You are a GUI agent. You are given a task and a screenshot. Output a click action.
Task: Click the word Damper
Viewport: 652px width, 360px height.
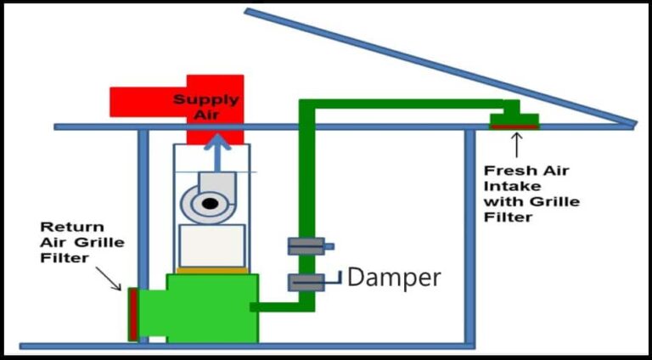coord(394,277)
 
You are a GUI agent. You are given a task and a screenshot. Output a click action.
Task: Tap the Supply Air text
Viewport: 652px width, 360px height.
coord(206,106)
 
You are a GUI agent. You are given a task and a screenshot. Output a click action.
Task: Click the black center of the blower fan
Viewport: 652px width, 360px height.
coord(207,203)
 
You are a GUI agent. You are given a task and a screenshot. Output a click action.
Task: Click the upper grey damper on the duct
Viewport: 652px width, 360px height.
coord(306,246)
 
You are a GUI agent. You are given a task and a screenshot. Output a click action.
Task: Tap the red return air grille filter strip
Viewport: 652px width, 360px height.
coord(133,314)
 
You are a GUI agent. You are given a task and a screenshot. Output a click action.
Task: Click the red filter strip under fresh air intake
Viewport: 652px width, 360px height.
coord(514,127)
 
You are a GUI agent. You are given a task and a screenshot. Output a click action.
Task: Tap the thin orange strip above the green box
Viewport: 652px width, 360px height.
coord(211,270)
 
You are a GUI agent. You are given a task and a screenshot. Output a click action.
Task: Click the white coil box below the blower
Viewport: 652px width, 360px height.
coord(211,245)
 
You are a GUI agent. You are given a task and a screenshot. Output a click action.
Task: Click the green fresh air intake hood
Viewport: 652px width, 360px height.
coord(514,117)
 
